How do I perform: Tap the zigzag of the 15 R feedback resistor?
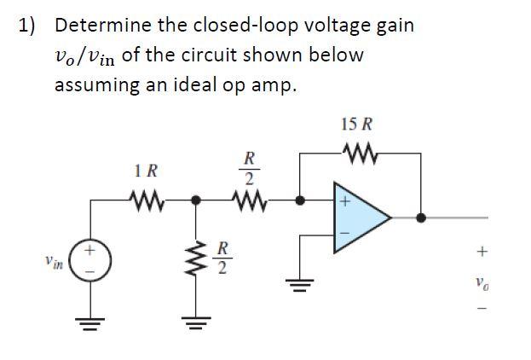point(355,155)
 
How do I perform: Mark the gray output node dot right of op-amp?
point(420,218)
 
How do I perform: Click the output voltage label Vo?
point(483,282)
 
